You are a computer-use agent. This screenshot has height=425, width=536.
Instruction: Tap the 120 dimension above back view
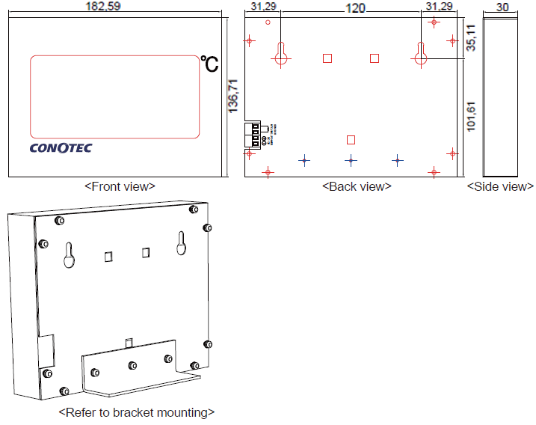click(x=355, y=7)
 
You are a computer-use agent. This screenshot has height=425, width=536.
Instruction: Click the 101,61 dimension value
click(x=471, y=115)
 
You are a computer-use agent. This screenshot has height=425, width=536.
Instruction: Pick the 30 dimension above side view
click(x=502, y=7)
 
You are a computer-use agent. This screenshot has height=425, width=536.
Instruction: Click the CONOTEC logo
click(x=61, y=148)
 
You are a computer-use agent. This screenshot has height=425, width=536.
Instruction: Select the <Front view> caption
click(x=120, y=186)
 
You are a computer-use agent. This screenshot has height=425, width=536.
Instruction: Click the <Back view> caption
click(x=357, y=186)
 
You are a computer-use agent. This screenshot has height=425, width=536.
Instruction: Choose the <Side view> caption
click(x=500, y=186)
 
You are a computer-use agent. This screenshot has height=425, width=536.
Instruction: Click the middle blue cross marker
click(x=351, y=160)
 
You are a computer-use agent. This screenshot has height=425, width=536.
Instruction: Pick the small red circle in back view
click(x=268, y=22)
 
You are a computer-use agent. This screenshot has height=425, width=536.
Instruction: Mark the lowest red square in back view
click(x=351, y=139)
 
